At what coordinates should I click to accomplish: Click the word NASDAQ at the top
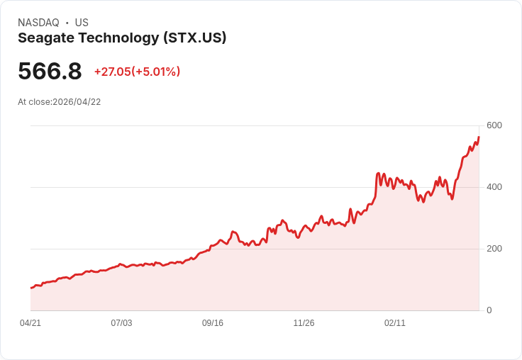[38, 23]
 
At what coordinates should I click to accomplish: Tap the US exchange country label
[82, 23]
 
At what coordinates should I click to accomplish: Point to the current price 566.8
[50, 72]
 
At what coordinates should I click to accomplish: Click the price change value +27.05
[112, 72]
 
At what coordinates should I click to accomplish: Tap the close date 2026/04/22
[77, 102]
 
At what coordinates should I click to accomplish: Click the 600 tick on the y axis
[494, 125]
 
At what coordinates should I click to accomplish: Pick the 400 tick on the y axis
[494, 187]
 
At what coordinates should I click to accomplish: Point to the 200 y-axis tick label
[494, 249]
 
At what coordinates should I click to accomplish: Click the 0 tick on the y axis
[489, 310]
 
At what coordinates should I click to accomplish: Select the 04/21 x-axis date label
[30, 323]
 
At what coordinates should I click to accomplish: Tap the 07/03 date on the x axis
[121, 323]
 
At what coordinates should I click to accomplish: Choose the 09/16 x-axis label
[213, 323]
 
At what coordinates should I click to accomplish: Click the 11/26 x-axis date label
[304, 323]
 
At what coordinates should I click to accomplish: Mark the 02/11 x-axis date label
[395, 323]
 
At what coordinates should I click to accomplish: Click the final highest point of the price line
[479, 137]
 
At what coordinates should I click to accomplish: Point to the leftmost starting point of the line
[31, 288]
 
